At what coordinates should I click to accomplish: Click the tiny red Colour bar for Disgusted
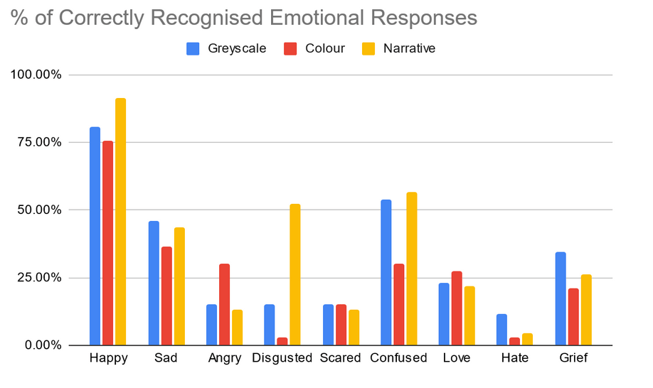(x=282, y=342)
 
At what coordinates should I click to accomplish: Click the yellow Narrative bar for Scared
(x=354, y=328)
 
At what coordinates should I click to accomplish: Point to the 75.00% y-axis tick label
(x=35, y=142)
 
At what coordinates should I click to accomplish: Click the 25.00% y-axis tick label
(x=35, y=278)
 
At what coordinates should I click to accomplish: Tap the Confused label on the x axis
(x=398, y=358)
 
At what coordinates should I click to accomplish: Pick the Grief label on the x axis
(x=573, y=358)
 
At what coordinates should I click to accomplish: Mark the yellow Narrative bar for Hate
(x=527, y=339)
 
